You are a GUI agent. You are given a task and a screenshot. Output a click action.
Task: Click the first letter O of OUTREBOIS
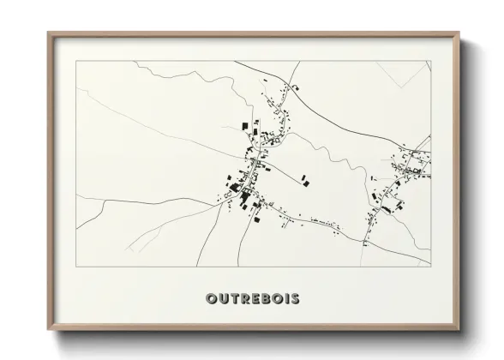pyautogui.click(x=211, y=299)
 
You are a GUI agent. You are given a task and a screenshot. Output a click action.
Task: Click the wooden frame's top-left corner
pyautogui.click(x=48, y=33)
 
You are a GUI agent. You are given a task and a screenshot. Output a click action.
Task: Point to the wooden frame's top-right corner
pyautogui.click(x=459, y=33)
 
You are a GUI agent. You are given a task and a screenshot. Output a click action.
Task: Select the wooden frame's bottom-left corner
pyautogui.click(x=48, y=332)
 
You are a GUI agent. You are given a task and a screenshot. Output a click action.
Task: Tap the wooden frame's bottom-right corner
pyautogui.click(x=459, y=332)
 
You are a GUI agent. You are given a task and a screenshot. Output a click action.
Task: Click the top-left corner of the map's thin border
pyautogui.click(x=76, y=61)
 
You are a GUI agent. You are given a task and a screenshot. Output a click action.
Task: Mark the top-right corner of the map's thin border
pyautogui.click(x=430, y=61)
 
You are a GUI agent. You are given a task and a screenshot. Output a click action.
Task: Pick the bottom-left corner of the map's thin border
pyautogui.click(x=76, y=267)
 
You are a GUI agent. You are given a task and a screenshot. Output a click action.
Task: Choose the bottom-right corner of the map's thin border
pyautogui.click(x=430, y=267)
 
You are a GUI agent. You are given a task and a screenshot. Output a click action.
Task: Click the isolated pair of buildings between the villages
pyautogui.click(x=305, y=180)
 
